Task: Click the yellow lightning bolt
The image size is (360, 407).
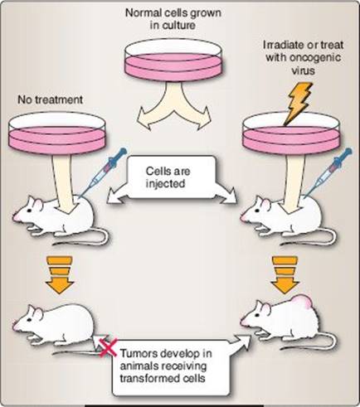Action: tap(299, 103)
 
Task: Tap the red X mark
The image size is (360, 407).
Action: tap(108, 347)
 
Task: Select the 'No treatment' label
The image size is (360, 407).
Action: tap(50, 99)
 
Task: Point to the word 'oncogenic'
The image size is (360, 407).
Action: tap(316, 58)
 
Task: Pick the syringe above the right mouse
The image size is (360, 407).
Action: tap(330, 172)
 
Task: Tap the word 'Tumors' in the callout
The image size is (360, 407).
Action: tap(139, 353)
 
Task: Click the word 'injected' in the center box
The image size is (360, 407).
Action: tap(165, 184)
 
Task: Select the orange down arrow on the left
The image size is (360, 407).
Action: tap(60, 274)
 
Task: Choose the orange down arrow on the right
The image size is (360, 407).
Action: tap(285, 274)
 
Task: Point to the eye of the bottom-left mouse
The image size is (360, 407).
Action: tap(29, 319)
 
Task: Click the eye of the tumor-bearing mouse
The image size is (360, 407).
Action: tap(257, 315)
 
